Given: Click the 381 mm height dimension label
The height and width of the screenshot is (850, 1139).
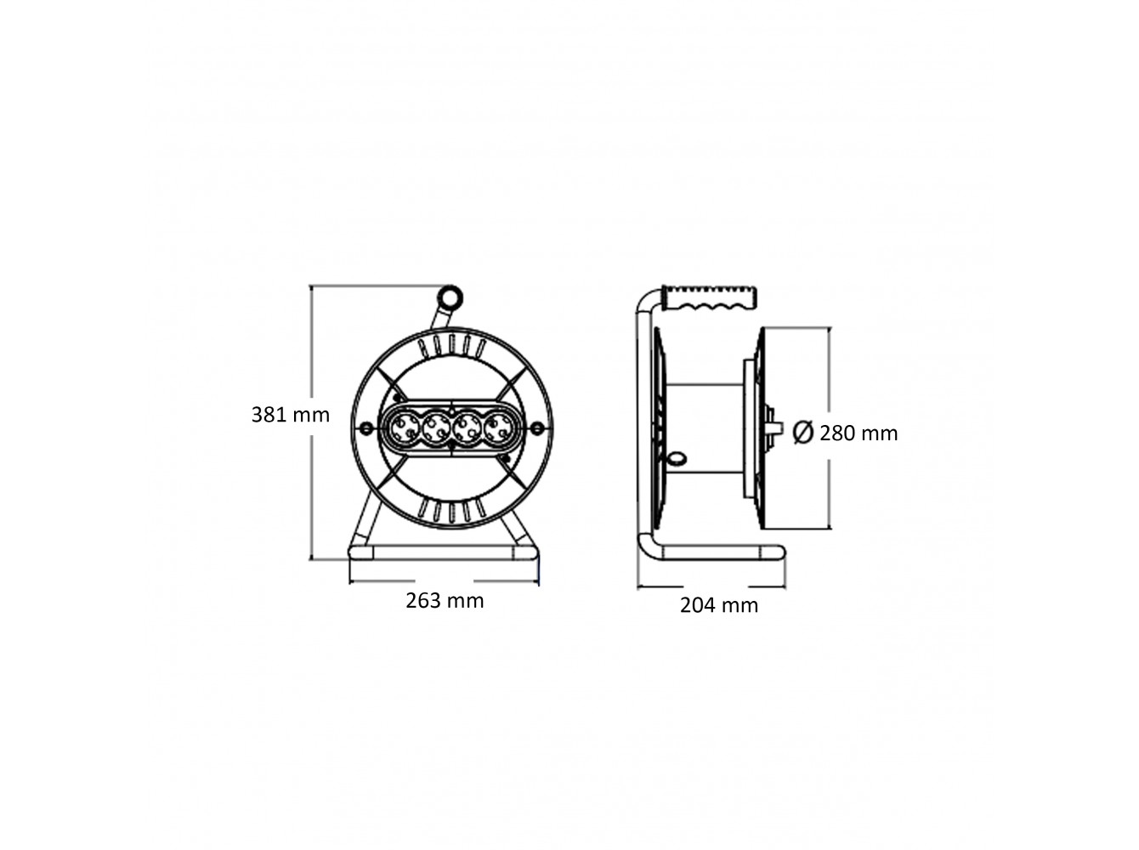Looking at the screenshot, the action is [290, 415].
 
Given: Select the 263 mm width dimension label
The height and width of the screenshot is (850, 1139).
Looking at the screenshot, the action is [445, 600].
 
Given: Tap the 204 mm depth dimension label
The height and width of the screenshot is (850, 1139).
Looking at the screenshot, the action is [719, 605].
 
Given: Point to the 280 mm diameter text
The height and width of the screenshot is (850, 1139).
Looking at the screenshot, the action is [858, 433].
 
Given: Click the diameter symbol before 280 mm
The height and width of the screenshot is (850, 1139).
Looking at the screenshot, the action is [803, 433].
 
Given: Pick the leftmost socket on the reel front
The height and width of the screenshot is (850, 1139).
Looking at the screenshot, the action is [405, 428].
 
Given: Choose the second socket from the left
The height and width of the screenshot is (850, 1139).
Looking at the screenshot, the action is [435, 428].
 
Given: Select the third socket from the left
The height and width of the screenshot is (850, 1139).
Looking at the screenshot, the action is [467, 428].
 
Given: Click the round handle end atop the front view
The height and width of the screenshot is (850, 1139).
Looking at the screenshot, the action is [450, 297].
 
